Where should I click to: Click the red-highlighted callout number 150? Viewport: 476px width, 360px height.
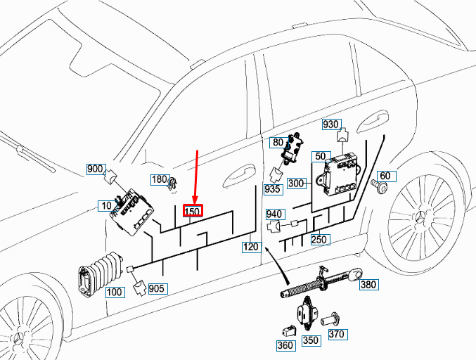coord(193,211)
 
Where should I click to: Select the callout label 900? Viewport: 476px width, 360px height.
coord(95,169)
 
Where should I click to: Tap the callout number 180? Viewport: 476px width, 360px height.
coord(160,179)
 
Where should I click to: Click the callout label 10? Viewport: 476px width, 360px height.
coord(105,205)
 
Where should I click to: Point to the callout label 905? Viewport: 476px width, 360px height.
coord(157,288)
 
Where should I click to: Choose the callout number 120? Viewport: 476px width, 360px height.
coord(250,247)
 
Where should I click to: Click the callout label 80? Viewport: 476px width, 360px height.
coord(278,143)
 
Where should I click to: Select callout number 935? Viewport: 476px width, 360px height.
coord(273,189)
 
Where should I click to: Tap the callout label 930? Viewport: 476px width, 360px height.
coord(330,124)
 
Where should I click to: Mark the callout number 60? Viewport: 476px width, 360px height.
coord(385,175)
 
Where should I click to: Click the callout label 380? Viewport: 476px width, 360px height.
coord(368,285)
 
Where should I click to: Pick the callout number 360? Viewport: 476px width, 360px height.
coord(285,346)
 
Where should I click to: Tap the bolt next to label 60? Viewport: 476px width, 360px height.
coord(380,187)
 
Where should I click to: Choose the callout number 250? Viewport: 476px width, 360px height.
coord(320,240)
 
